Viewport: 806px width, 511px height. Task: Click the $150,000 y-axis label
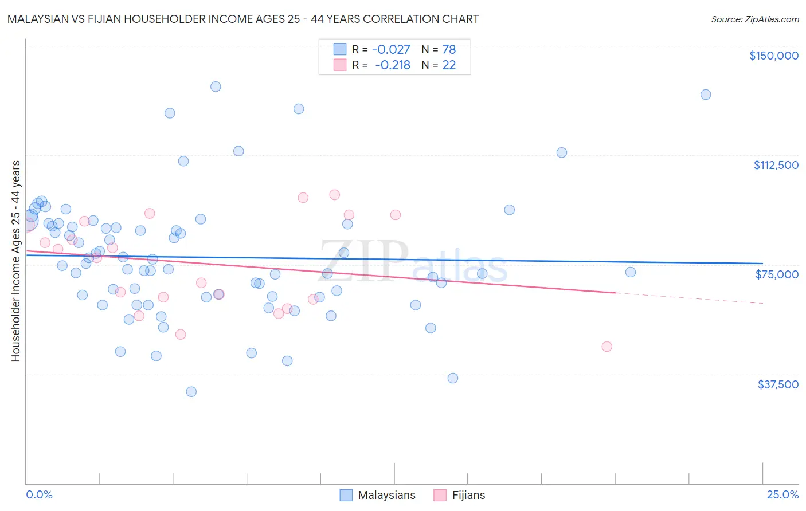(773, 56)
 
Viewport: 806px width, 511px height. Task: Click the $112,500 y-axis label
(776, 165)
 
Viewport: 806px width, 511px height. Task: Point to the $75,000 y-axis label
(777, 274)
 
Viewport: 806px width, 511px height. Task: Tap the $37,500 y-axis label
(778, 384)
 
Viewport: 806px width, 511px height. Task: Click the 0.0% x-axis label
(39, 495)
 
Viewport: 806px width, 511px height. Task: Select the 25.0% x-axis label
(782, 495)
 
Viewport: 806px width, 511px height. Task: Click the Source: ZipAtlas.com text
(754, 19)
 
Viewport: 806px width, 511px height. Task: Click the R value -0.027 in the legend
(391, 50)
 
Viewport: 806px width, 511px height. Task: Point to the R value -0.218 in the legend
(392, 65)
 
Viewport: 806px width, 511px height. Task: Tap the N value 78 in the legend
(449, 50)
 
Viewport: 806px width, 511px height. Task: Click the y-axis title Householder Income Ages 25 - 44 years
(16, 261)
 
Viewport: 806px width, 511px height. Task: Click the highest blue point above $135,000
(216, 87)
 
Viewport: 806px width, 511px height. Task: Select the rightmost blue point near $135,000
(706, 95)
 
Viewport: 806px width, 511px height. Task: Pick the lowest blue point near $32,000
(191, 392)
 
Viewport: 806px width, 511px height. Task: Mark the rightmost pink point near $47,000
(607, 347)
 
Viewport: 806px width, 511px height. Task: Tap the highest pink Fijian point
(335, 195)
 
